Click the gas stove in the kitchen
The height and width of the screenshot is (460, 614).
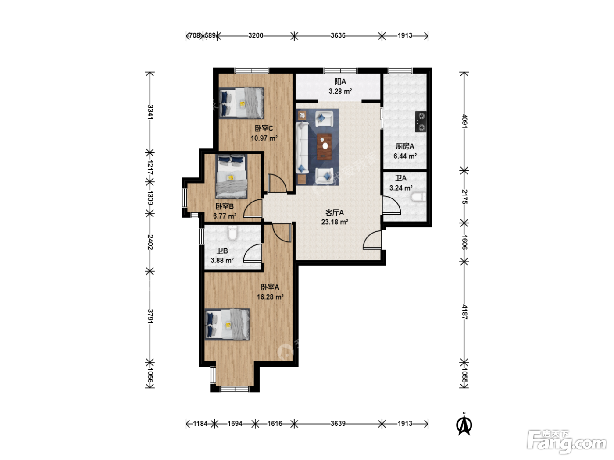421,121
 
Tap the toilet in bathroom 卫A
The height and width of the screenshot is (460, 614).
418,197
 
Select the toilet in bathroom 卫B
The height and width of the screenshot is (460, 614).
232,233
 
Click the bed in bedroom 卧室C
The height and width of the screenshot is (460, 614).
241,103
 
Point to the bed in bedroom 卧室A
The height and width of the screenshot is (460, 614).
227,324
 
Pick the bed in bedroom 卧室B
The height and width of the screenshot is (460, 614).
231,177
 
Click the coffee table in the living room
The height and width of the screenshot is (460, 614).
324,147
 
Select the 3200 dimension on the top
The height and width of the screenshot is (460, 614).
256,36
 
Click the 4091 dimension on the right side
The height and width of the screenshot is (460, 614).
464,121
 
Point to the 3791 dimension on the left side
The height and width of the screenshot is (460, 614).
150,316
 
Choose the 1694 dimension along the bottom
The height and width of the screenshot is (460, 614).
235,424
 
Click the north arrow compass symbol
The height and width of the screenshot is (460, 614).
464,424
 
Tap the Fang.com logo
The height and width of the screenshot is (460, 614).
567,442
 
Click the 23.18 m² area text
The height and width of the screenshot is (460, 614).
335,222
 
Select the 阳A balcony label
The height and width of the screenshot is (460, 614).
340,81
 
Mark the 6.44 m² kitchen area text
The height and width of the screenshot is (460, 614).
405,156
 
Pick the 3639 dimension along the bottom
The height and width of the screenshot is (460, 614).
338,424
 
